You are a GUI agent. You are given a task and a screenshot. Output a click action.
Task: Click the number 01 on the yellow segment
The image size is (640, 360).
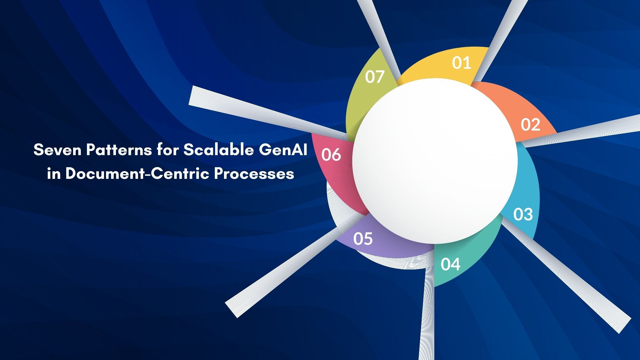(461, 63)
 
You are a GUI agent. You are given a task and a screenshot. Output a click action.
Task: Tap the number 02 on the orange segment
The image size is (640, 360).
(530, 125)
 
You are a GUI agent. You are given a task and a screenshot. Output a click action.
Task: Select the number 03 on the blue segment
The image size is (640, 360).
(523, 214)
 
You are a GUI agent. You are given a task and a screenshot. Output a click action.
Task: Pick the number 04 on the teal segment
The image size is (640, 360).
(450, 264)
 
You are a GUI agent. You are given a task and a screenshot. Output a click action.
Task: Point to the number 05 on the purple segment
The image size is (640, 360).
(363, 239)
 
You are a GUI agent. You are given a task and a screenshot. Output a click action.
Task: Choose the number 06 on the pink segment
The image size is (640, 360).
(331, 155)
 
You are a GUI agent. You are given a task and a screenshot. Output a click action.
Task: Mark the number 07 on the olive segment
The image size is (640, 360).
(375, 77)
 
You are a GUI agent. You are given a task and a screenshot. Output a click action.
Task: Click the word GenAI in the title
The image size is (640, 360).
(283, 150)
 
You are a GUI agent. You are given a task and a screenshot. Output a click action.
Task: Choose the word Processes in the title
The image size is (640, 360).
(254, 173)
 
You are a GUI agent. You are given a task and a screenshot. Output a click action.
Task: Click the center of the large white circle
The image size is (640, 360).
(435, 161)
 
